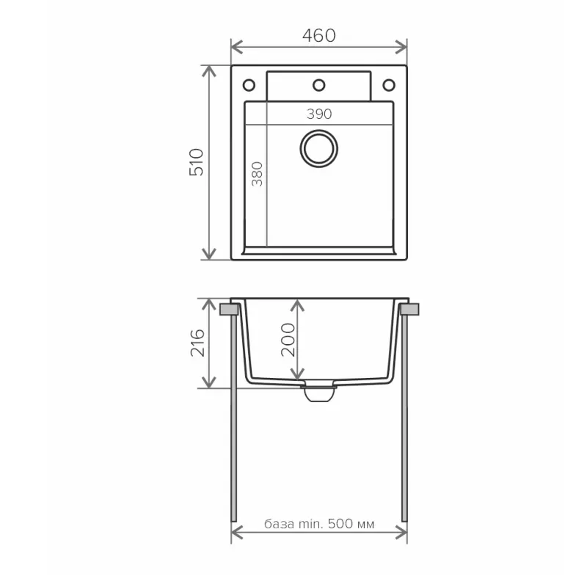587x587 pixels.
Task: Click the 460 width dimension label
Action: point(318,35)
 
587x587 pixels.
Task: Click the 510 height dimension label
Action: point(197,161)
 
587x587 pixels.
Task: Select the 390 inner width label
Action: point(319,114)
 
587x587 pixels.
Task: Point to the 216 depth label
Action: point(197,343)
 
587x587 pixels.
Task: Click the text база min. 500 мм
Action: point(319,525)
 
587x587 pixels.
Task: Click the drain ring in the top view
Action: point(319,147)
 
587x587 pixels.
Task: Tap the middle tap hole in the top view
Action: point(319,85)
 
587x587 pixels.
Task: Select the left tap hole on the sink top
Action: point(249,85)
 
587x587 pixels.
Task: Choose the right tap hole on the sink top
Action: point(388,85)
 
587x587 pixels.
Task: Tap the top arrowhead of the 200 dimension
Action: point(294,303)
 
